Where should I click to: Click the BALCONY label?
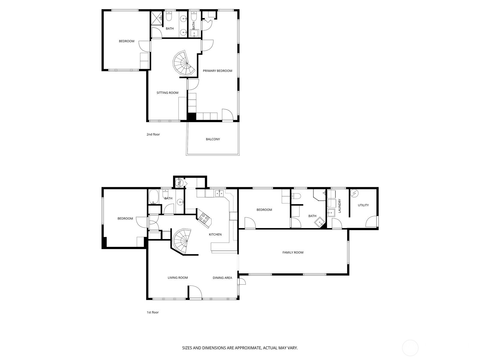pos(213,139)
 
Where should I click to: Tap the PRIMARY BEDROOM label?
pos(217,71)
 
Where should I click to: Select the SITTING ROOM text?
pos(167,93)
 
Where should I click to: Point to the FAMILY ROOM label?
pos(293,253)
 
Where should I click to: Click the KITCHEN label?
pos(215,235)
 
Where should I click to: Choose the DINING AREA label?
pos(222,278)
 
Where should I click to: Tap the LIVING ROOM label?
pos(178,278)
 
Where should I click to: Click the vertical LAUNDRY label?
pos(340,206)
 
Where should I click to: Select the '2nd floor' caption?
pos(153,134)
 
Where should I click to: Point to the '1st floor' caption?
pos(153,312)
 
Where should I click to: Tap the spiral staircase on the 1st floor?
pos(181,241)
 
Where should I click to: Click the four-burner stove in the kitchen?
pos(204,218)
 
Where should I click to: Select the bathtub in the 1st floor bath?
pos(153,197)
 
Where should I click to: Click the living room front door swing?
pos(195,292)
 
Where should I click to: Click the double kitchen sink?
pos(219,193)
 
